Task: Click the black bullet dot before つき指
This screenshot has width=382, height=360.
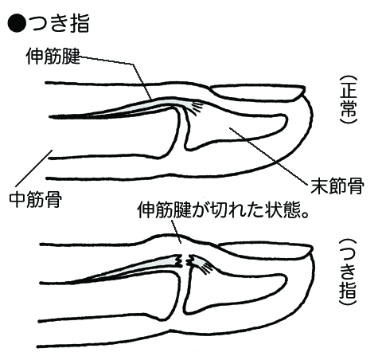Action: click(x=17, y=23)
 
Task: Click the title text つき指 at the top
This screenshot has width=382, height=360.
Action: click(x=60, y=23)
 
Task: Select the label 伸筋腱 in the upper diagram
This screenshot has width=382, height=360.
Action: click(x=53, y=57)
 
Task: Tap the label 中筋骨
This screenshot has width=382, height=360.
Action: click(x=36, y=200)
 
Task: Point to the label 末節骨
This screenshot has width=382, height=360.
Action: click(x=337, y=186)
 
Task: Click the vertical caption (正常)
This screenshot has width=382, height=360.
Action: click(x=348, y=100)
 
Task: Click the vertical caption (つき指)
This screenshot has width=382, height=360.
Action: click(x=348, y=272)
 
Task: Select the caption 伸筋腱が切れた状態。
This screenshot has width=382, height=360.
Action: click(x=224, y=210)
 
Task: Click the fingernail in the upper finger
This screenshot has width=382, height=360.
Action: click(x=257, y=92)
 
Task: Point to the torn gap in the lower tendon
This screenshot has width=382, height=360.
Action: click(x=185, y=261)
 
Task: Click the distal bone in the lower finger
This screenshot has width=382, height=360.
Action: click(x=233, y=289)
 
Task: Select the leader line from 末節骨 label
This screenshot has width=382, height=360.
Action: click(x=268, y=156)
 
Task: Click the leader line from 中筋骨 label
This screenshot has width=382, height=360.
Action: click(x=34, y=168)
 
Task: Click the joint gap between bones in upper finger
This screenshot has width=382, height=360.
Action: click(x=181, y=130)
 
